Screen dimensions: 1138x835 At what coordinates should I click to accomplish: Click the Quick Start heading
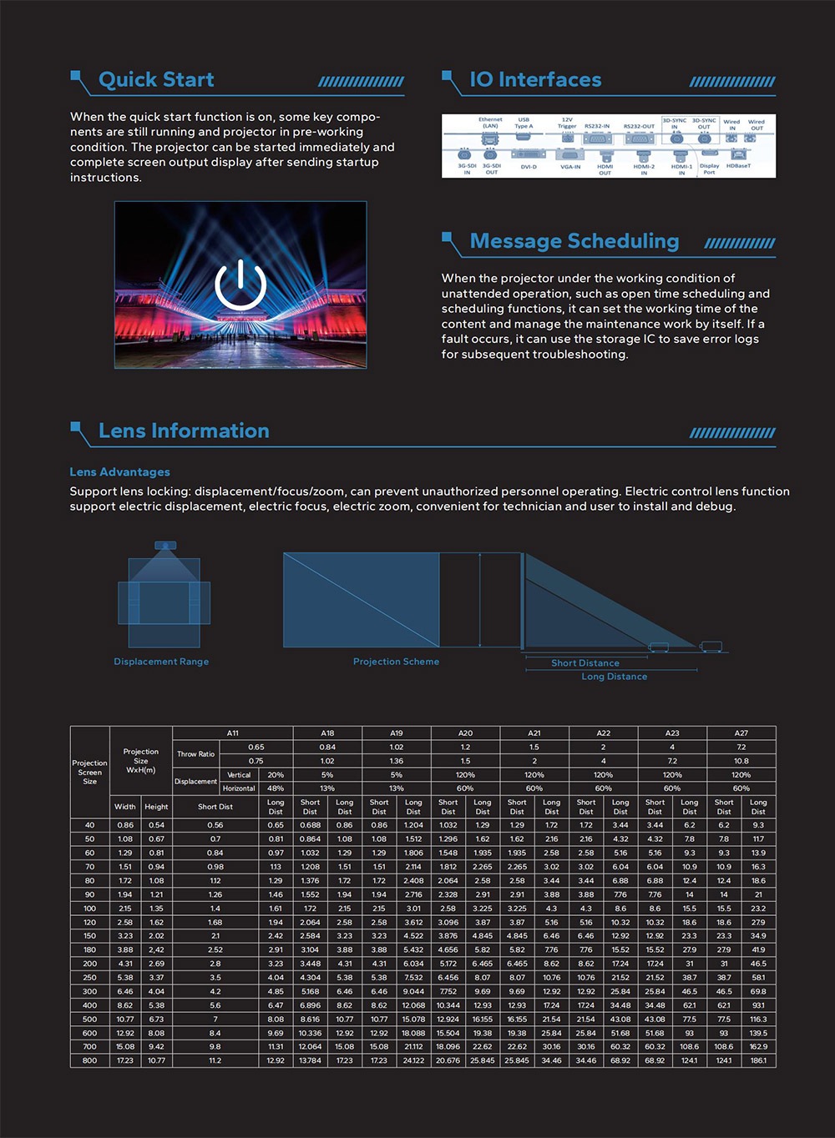click(156, 80)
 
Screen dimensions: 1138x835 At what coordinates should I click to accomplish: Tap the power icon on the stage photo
click(240, 284)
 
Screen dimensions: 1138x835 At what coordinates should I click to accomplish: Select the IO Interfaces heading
click(535, 80)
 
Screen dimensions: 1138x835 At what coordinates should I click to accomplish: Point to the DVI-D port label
click(529, 167)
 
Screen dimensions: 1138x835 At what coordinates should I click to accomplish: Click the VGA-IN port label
click(570, 167)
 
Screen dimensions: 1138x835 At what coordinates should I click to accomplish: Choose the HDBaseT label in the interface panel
click(739, 166)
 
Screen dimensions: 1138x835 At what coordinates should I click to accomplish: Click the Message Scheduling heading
click(574, 241)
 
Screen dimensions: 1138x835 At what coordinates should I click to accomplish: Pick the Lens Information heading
click(184, 431)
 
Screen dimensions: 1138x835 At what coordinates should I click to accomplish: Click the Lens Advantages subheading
click(119, 472)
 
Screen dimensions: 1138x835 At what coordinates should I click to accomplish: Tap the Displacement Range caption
click(161, 662)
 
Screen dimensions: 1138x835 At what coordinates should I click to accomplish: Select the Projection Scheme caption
click(396, 662)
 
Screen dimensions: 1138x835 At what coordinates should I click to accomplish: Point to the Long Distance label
click(615, 677)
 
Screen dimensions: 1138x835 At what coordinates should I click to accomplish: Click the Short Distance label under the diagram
click(585, 663)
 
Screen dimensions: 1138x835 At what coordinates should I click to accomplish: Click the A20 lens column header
click(465, 733)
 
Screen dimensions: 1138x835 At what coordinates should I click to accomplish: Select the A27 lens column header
click(741, 733)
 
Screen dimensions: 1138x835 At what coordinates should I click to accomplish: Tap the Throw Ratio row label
click(195, 754)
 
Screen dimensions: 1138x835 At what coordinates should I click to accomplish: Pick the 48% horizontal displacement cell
click(276, 788)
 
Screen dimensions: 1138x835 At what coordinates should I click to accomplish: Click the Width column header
click(125, 807)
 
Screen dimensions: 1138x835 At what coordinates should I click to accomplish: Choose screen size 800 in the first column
click(89, 1060)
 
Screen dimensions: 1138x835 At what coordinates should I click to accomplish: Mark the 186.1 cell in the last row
click(758, 1060)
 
